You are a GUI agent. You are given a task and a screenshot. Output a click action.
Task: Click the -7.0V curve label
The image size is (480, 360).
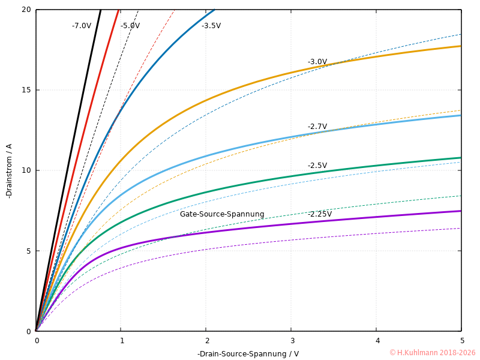pos(82,26)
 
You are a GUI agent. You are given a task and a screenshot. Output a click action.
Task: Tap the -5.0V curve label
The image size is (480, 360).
pos(130,26)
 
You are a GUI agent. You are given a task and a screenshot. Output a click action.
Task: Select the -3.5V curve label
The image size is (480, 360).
pos(211,26)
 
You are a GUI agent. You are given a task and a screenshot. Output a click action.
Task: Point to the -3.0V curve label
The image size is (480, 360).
pos(317,62)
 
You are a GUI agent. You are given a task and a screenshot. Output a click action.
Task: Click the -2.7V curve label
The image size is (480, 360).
pos(317,127)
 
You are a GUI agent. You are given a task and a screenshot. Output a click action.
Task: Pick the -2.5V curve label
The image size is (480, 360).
pos(317,166)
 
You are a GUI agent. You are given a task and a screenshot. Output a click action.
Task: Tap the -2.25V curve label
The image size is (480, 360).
pos(320,214)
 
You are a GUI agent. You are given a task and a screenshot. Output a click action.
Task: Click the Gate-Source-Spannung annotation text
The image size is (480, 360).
pos(222,214)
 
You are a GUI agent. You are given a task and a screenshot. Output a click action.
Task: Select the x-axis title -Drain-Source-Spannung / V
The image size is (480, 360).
pos(248,353)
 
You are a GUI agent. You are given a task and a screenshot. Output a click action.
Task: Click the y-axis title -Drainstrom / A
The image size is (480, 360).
pos(8,171)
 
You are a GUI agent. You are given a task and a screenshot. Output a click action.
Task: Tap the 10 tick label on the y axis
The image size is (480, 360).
pos(26,170)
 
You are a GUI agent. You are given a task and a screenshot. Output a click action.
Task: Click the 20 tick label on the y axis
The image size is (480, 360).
pos(26,10)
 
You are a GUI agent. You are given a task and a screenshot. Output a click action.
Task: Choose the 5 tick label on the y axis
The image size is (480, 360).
pos(29,251)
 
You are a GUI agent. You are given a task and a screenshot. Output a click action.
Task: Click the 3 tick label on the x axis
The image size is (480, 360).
pos(292,341)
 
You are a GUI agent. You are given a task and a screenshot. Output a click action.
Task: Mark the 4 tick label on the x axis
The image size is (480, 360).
pos(377,341)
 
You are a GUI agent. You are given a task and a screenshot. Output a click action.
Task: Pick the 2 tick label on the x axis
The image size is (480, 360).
pos(206,341)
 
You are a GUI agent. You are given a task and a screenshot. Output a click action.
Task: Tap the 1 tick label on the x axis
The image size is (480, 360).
pos(121,341)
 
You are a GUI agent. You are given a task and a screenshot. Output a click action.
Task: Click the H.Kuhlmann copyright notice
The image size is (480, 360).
pos(432,353)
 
